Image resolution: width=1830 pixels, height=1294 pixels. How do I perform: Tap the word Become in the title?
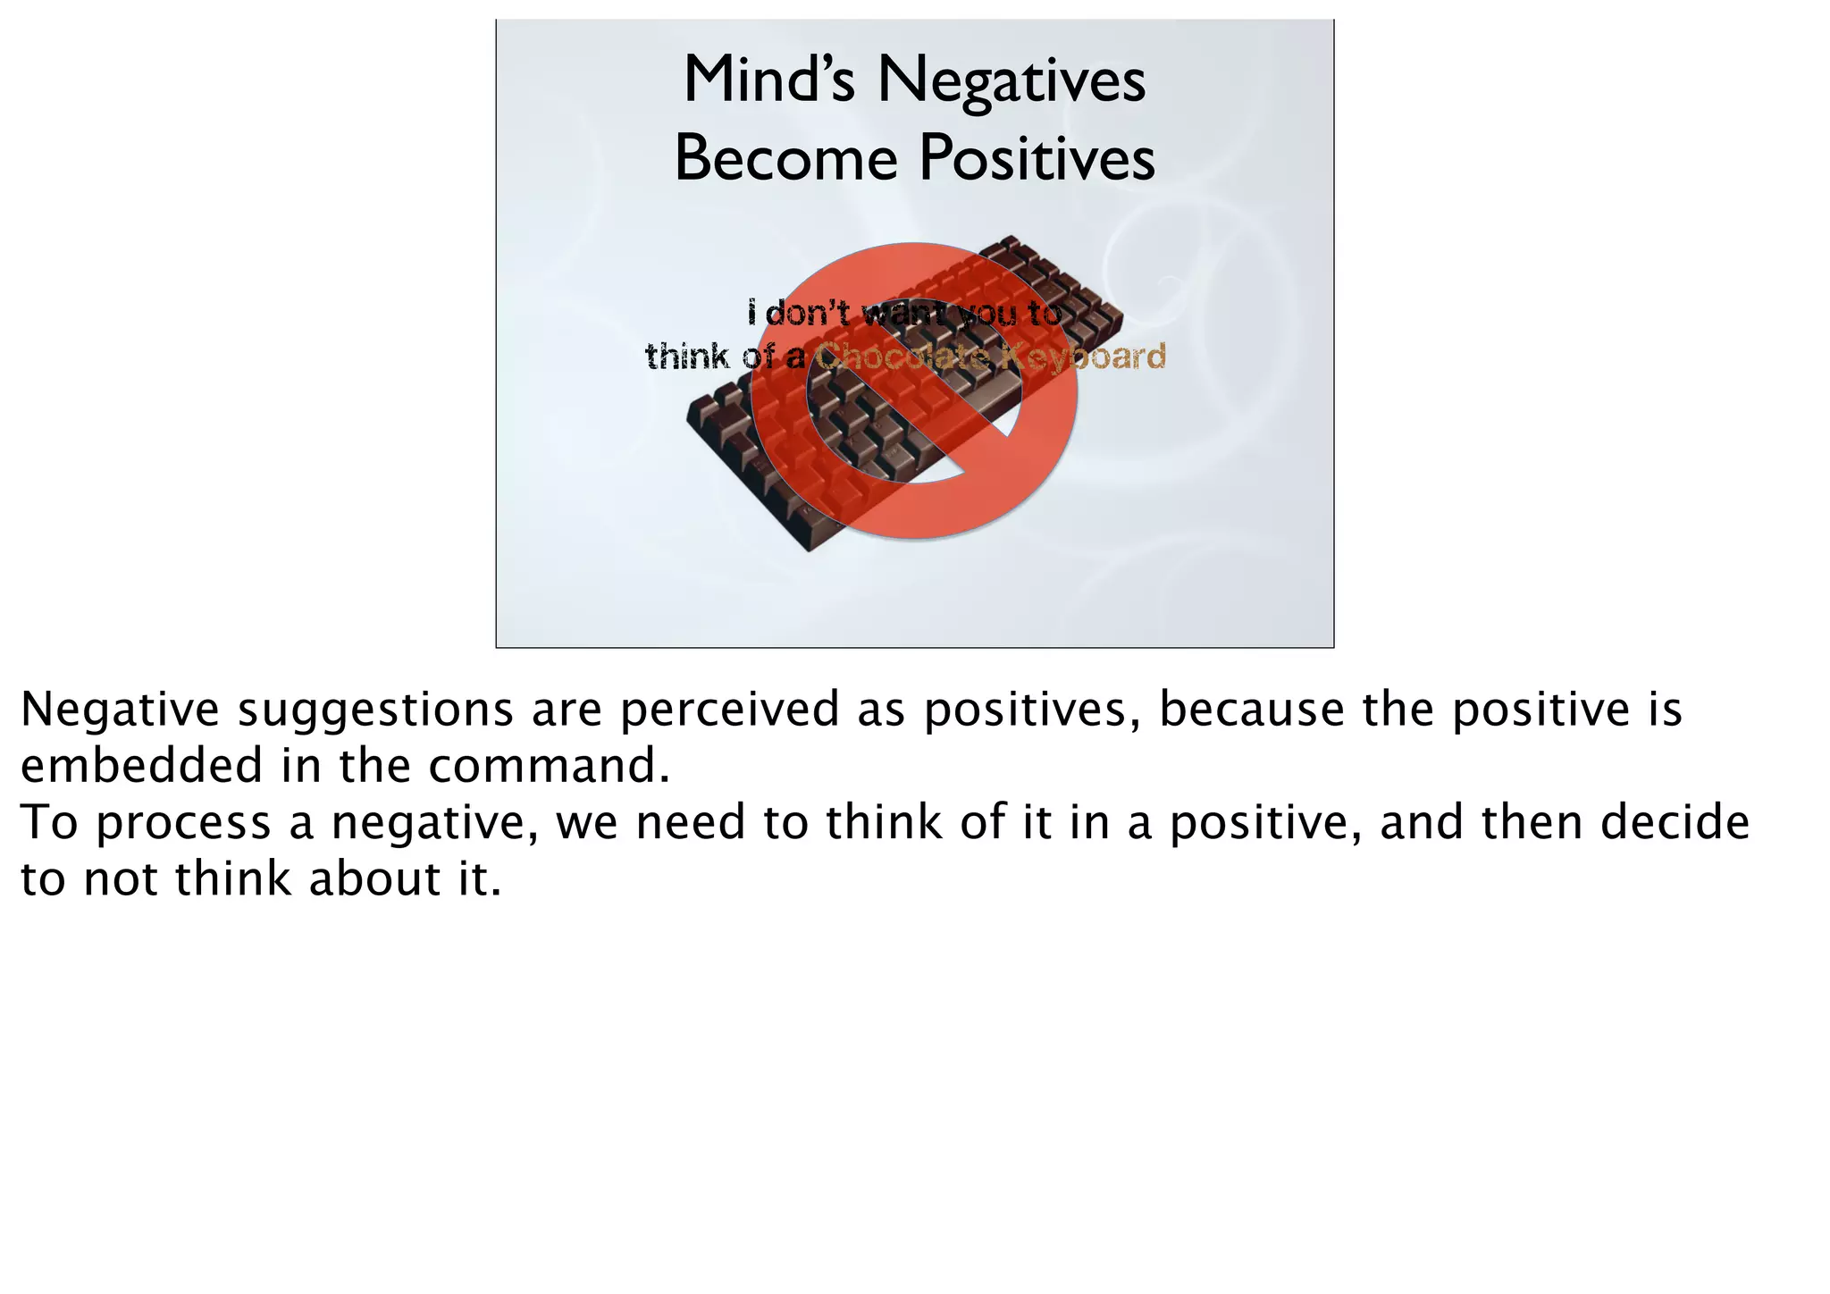pyautogui.click(x=785, y=159)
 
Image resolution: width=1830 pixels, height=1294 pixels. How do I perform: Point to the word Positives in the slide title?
pyautogui.click(x=1037, y=159)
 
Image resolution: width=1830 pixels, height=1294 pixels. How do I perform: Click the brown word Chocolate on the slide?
pyautogui.click(x=902, y=357)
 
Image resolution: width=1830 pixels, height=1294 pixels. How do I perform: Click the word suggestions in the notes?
pyautogui.click(x=375, y=710)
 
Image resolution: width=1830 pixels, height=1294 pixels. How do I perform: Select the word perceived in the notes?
pyautogui.click(x=729, y=710)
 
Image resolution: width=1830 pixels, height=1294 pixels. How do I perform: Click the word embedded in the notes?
pyautogui.click(x=141, y=766)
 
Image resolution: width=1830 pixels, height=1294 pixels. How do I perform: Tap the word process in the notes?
pyautogui.click(x=183, y=823)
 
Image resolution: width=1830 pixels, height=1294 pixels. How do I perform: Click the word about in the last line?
pyautogui.click(x=374, y=879)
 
